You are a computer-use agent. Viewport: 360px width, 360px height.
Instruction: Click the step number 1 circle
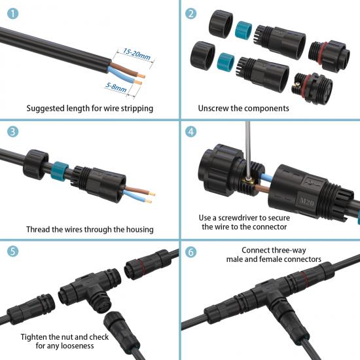pos(12,14)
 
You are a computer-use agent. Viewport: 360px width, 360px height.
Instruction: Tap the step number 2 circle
pos(190,14)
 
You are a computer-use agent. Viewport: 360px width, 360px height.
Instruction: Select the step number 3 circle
pos(12,132)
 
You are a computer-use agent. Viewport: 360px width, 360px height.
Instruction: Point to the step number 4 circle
pos(190,132)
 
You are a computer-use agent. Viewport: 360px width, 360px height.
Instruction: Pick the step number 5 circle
pos(12,251)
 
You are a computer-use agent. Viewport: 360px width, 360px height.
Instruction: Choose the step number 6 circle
pos(190,252)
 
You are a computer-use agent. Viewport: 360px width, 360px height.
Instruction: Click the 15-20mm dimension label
pos(137,54)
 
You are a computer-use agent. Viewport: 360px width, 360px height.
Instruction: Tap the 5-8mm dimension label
pos(116,88)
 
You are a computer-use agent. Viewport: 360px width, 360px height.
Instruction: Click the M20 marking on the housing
pos(307,202)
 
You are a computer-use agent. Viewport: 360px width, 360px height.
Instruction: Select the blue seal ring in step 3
pos(60,171)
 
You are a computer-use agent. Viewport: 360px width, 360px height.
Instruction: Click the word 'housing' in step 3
pos(140,230)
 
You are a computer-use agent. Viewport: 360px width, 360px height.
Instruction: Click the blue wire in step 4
pos(266,177)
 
